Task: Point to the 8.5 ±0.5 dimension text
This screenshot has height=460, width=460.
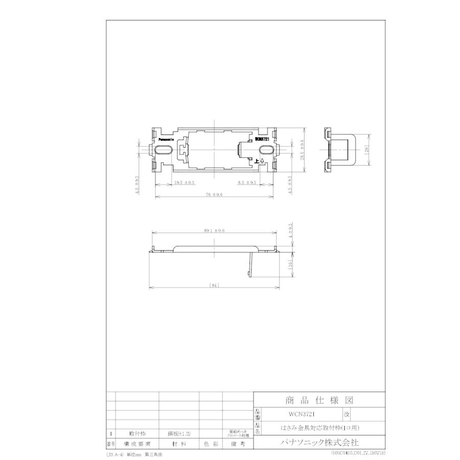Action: coord(247,182)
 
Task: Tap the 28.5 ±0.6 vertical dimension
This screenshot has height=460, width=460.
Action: coord(302,150)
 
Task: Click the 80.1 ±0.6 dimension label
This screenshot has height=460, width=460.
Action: coord(214,231)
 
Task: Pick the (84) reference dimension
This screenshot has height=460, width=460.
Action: coord(215,285)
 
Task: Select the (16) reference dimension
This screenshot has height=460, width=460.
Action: coord(290,264)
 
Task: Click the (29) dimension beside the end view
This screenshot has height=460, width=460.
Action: coord(366,150)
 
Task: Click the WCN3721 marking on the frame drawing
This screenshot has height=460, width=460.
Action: coord(262,138)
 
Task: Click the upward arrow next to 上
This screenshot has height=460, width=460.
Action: coord(262,162)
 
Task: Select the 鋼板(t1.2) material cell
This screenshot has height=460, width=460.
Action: coord(179,433)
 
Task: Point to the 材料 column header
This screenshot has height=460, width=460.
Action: coord(179,444)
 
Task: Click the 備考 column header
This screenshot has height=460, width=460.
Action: coord(238,444)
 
